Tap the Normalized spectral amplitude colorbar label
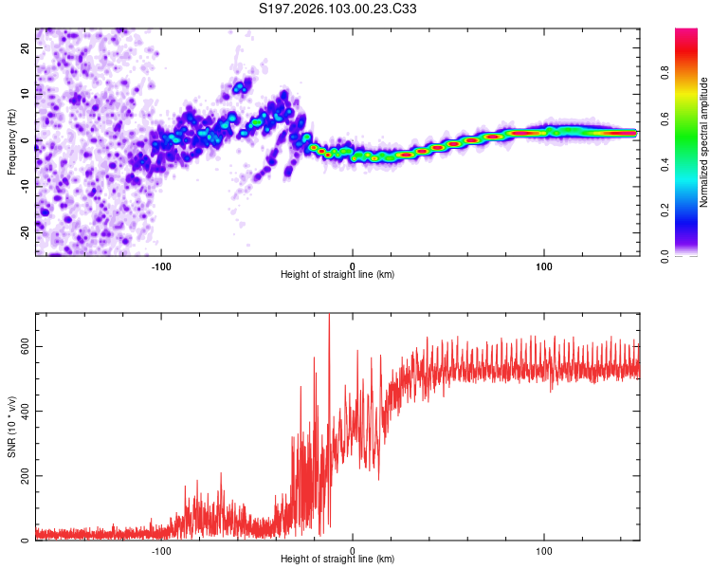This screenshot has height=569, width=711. [x=703, y=142]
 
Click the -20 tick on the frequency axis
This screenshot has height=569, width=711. [x=24, y=231]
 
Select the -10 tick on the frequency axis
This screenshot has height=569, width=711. [x=24, y=186]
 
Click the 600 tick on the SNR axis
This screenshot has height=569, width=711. [x=24, y=346]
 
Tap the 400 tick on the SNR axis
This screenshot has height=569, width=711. [x=24, y=411]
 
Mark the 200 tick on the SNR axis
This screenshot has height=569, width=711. [x=24, y=475]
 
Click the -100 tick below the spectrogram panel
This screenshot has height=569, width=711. [x=161, y=265]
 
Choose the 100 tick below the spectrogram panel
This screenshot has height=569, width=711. [x=544, y=265]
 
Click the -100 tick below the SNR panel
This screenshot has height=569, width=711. [x=161, y=549]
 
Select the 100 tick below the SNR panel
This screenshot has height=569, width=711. [x=544, y=549]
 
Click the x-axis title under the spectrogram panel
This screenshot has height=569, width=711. [x=337, y=274]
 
